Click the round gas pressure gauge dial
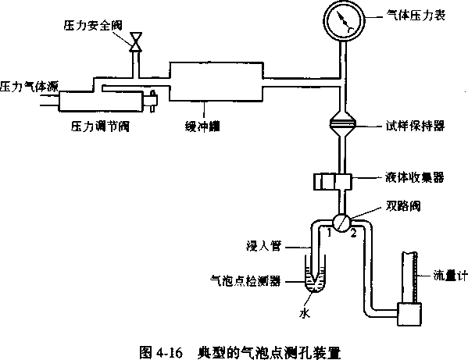[x=344, y=20]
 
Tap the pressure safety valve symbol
[x=136, y=42]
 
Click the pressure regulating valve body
[x=101, y=102]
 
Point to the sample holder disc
[x=343, y=123]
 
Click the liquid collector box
[x=333, y=182]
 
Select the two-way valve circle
[x=341, y=223]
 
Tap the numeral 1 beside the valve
[x=329, y=233]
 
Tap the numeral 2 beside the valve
[x=353, y=233]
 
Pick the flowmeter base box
[x=409, y=314]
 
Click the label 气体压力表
[x=416, y=15]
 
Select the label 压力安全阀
[x=93, y=25]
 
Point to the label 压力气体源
[x=29, y=87]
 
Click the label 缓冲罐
[x=202, y=127]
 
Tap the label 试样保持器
[x=415, y=126]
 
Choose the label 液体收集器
[x=415, y=177]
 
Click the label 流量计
[x=450, y=276]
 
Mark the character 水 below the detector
[x=305, y=313]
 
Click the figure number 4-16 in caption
[x=169, y=353]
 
